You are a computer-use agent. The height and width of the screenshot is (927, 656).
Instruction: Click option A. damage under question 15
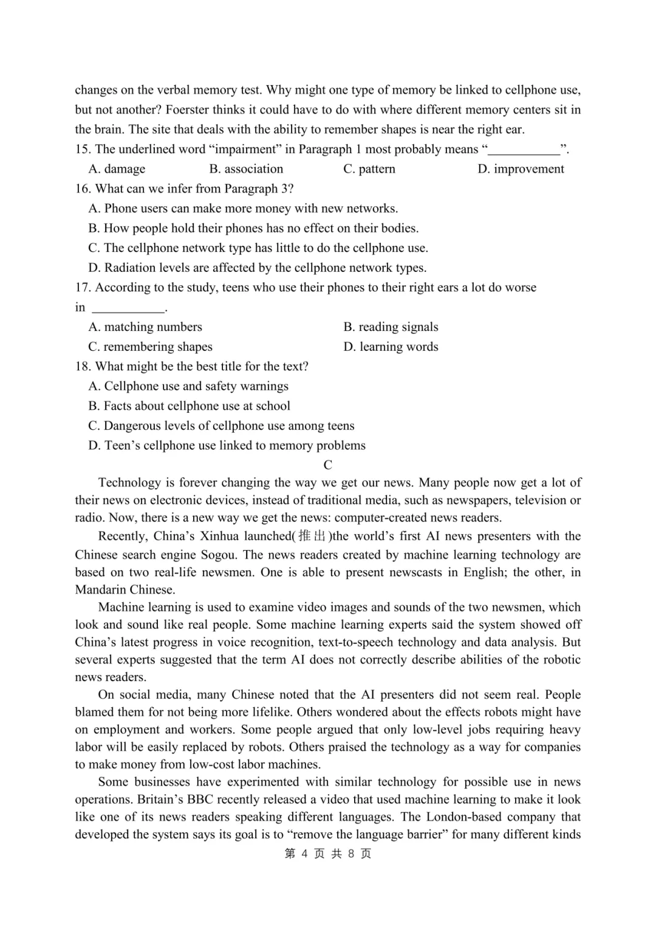point(117,169)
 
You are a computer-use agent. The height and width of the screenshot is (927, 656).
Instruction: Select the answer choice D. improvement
point(521,169)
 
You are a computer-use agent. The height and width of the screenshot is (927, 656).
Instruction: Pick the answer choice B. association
point(246,169)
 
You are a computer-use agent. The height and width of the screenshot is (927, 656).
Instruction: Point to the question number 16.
point(83,189)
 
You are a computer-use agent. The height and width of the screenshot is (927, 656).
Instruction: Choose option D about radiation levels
point(257,268)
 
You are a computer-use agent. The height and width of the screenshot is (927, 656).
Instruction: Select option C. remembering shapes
point(150,347)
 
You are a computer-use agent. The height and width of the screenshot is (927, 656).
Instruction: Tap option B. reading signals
point(391,327)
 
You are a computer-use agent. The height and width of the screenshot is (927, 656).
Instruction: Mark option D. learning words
point(391,347)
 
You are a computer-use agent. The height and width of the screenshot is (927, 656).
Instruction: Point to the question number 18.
point(83,366)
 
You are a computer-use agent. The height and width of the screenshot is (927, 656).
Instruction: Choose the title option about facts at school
point(189,406)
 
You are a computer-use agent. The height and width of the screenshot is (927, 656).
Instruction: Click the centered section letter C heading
point(328,465)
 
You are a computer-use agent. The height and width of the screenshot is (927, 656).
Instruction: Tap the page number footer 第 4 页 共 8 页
point(328,854)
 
